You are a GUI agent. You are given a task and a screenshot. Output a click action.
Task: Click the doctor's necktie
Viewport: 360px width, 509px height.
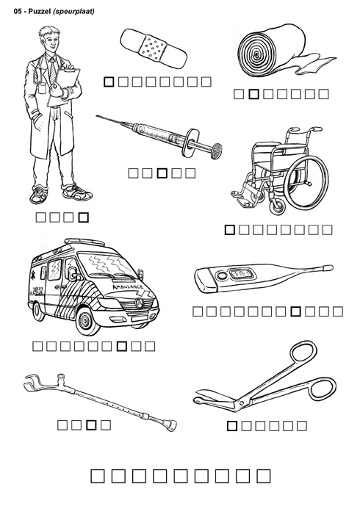53,71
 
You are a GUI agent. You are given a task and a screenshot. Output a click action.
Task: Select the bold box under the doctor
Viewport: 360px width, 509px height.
84,217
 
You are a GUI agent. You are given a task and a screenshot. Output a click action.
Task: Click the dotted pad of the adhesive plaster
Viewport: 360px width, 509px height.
154,48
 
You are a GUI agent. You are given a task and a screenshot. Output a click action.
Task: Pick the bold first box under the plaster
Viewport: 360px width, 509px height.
109,82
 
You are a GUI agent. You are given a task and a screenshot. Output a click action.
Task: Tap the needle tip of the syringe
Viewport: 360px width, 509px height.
97,116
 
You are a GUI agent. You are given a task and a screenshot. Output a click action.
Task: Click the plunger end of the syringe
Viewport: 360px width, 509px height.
216,151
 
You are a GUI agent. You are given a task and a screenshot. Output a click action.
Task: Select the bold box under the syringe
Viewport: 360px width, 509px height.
162,173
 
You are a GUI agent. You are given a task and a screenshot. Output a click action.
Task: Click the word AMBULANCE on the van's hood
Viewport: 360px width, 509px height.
128,287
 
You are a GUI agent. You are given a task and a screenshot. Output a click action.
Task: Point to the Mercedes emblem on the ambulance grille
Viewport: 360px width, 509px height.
140,303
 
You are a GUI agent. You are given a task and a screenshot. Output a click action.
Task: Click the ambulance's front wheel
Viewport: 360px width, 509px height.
87,322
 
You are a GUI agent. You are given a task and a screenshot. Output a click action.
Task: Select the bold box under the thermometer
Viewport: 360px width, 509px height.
296,311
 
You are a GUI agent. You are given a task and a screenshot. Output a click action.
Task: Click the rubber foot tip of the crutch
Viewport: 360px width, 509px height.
170,425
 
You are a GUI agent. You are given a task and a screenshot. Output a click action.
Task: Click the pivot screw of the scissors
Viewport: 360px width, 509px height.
241,402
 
